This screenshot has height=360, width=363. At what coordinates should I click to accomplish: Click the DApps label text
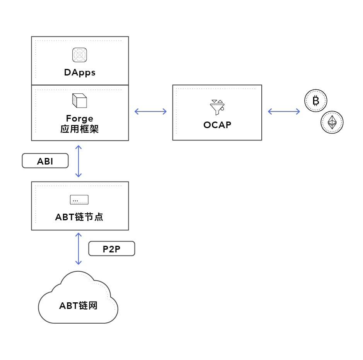click(x=80, y=72)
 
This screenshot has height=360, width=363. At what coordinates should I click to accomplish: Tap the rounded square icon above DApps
click(x=79, y=55)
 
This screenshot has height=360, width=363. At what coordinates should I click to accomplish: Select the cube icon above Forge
click(x=79, y=101)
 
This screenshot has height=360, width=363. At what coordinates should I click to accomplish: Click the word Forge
click(x=80, y=119)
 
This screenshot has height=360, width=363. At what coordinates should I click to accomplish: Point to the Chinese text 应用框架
click(x=79, y=129)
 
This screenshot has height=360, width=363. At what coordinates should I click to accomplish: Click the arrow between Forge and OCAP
click(x=150, y=111)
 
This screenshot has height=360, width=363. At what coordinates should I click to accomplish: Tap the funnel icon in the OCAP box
click(x=217, y=107)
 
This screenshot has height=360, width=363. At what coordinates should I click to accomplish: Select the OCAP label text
click(x=217, y=125)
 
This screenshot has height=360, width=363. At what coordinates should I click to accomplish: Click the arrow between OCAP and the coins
click(x=284, y=111)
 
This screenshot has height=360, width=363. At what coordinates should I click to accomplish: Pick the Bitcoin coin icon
click(x=316, y=101)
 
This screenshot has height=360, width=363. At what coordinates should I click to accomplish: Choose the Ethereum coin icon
click(x=332, y=122)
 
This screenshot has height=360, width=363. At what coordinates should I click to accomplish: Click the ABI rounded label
click(x=45, y=161)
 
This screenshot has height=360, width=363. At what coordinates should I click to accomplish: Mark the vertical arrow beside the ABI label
click(x=78, y=161)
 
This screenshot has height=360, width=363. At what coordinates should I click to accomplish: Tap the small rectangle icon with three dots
click(x=79, y=200)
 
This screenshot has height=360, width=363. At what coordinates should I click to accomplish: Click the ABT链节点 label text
click(x=79, y=217)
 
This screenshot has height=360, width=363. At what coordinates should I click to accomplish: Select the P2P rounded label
click(x=112, y=249)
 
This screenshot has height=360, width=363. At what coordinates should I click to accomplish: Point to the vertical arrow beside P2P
click(x=78, y=249)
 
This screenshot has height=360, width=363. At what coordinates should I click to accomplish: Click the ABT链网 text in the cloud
click(x=78, y=306)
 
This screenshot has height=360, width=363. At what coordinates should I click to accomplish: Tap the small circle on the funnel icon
click(x=222, y=109)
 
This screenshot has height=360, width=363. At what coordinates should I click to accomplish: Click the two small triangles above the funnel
click(x=217, y=101)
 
